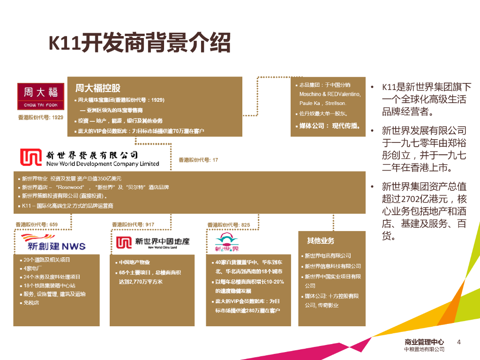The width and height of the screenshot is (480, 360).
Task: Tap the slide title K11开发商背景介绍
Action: (140, 44)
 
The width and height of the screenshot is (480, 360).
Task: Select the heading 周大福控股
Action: (98, 88)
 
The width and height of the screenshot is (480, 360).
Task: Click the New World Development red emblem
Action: (30, 157)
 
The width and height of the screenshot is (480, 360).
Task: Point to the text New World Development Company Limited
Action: (103, 164)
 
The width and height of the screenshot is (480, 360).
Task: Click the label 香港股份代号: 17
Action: (198, 160)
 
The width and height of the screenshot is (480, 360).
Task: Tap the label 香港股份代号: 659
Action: (37, 225)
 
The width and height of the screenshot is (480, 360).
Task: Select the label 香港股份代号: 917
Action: (133, 225)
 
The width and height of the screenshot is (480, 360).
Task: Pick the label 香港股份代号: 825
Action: (229, 225)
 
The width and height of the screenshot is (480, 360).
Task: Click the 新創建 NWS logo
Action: (50, 242)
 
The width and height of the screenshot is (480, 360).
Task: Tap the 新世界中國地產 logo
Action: (153, 242)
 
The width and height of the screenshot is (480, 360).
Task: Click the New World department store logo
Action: (227, 242)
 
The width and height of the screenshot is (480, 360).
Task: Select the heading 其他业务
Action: (321, 240)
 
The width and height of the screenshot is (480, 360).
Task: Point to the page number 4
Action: (459, 342)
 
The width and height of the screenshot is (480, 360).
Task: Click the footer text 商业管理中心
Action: (424, 342)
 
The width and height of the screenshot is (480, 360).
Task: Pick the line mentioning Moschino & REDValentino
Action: (330, 94)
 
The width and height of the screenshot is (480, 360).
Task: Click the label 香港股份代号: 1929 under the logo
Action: (40, 117)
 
